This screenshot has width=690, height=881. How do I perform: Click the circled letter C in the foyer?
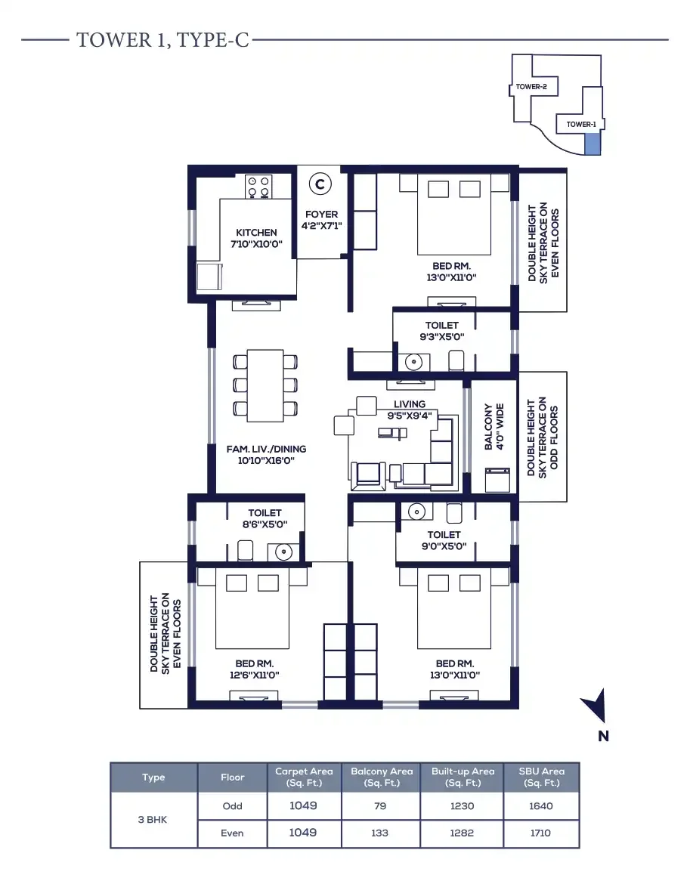pyautogui.click(x=320, y=183)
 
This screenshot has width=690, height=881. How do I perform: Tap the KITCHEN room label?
pyautogui.click(x=256, y=233)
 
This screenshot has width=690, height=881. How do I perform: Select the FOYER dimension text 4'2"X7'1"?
pyautogui.click(x=321, y=226)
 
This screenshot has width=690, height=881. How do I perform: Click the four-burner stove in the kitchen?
pyautogui.click(x=258, y=186)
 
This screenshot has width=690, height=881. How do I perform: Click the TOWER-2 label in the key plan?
pyautogui.click(x=531, y=87)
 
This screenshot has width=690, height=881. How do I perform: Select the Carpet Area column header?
pyautogui.click(x=304, y=777)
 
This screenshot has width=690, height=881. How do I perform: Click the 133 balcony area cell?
pyautogui.click(x=380, y=833)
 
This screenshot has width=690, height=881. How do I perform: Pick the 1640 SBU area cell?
pyautogui.click(x=540, y=805)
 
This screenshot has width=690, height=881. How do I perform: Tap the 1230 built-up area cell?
pyautogui.click(x=462, y=805)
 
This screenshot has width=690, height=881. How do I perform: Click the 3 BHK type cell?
pyautogui.click(x=153, y=819)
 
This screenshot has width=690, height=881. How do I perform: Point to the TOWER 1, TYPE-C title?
pyautogui.click(x=162, y=40)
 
